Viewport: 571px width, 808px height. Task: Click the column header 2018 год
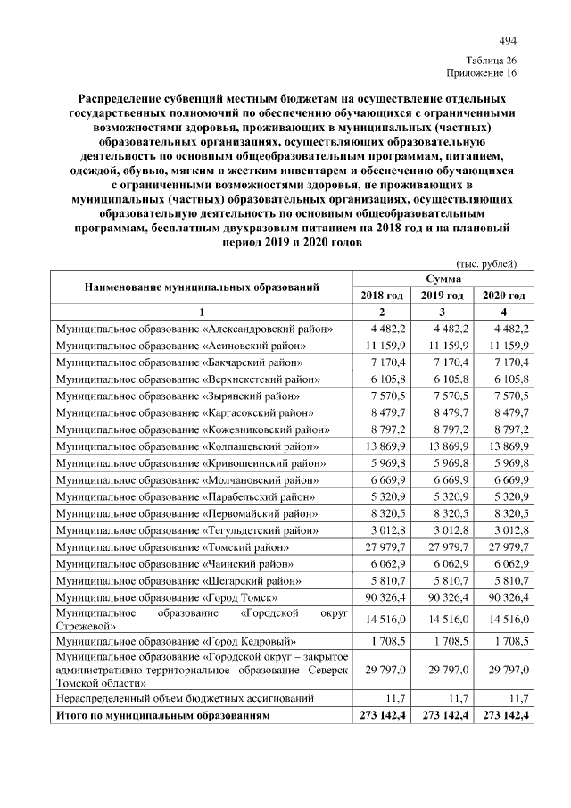click(x=382, y=295)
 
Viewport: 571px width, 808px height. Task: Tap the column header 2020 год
click(x=504, y=295)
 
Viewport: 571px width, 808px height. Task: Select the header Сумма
click(x=443, y=279)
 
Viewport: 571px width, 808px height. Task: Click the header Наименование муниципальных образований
click(x=202, y=287)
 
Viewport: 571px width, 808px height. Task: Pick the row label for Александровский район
click(x=194, y=329)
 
